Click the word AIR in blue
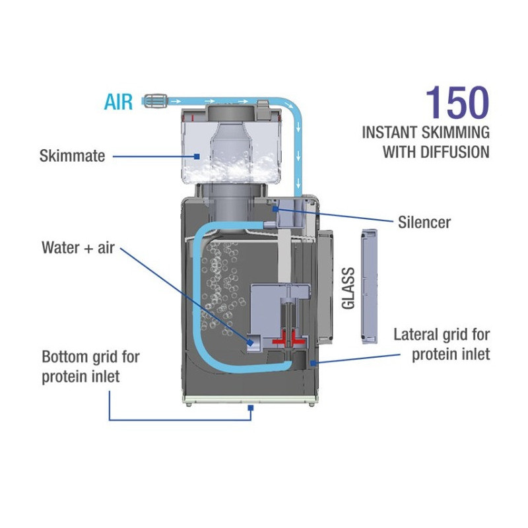tap(118, 102)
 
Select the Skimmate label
tap(73, 156)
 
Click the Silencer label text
tap(424, 222)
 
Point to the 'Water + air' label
tap(77, 247)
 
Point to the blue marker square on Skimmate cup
tap(197, 156)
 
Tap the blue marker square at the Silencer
tap(275, 209)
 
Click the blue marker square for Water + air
tap(252, 341)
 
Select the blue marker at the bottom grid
tap(251, 409)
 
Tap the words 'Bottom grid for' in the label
tap(90, 357)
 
